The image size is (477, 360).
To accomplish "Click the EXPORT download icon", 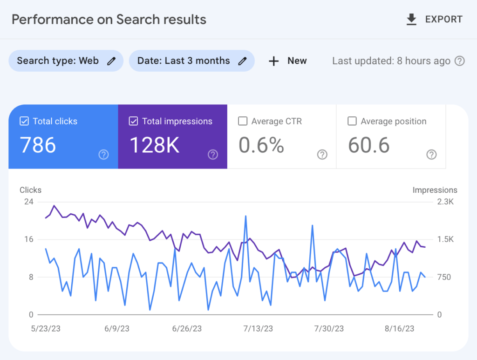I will click(x=411, y=20).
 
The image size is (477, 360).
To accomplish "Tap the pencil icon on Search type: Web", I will click(x=111, y=61).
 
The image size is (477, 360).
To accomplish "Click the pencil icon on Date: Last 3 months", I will click(x=242, y=61).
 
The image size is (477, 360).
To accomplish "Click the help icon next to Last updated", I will click(x=460, y=61).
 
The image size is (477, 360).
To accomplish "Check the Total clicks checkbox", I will click(x=24, y=122).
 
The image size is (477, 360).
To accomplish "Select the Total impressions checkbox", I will click(x=133, y=122).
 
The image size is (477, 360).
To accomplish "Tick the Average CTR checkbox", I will click(x=243, y=122).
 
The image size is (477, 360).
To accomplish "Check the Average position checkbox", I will click(x=352, y=122).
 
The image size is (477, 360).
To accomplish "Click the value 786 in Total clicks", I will click(x=38, y=145).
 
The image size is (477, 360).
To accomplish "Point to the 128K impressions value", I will click(x=154, y=145).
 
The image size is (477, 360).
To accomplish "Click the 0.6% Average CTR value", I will click(x=261, y=145).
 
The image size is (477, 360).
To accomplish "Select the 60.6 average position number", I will click(x=368, y=145).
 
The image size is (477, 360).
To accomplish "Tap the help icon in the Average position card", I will click(x=431, y=155).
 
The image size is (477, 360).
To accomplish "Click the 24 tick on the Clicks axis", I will click(x=28, y=202).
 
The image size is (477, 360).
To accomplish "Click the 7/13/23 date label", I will click(x=258, y=328).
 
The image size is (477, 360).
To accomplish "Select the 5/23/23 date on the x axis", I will click(x=46, y=328).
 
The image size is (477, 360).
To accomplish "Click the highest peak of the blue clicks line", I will click(x=245, y=216).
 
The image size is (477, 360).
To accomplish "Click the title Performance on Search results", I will click(x=109, y=20).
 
